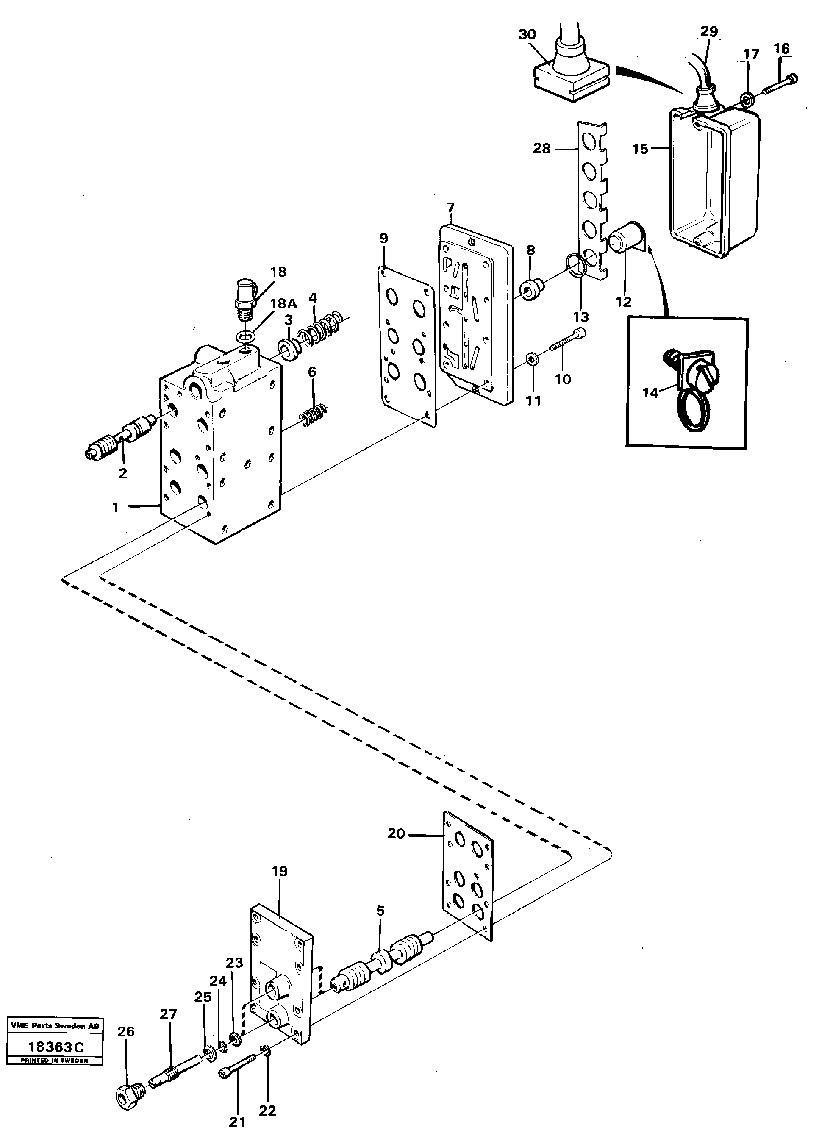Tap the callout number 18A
point(283,303)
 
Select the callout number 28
point(541,148)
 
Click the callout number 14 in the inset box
point(650,393)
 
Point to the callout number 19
point(280,871)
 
